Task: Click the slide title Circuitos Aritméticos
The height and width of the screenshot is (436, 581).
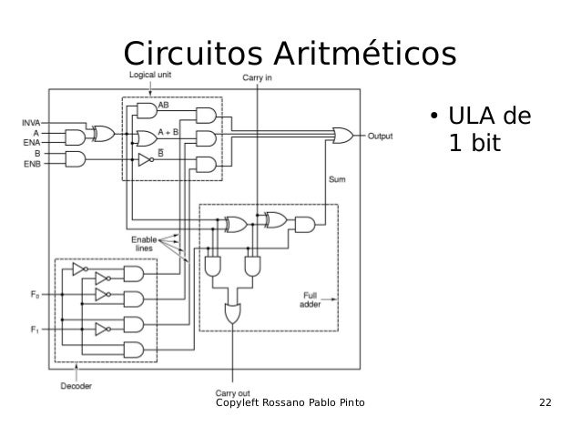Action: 289,54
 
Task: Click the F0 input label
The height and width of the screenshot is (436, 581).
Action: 35,294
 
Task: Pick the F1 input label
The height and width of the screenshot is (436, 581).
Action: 35,330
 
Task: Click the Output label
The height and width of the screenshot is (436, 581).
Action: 380,137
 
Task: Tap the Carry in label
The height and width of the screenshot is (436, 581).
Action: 259,79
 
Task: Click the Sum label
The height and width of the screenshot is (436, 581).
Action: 337,180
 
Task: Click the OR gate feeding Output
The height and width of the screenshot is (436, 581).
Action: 345,137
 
